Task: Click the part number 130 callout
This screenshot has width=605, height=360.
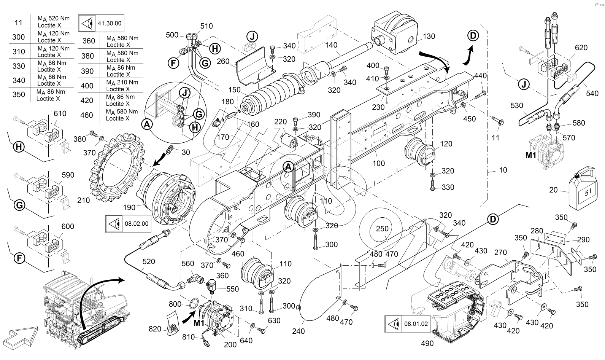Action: (x=429, y=37)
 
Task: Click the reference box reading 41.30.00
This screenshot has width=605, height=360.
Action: (x=101, y=23)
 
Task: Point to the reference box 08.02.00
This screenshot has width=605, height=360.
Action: (x=128, y=223)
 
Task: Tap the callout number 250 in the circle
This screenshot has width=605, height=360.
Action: (x=382, y=228)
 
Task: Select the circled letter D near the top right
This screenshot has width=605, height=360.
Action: (x=473, y=36)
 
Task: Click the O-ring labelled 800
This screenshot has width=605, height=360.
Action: (x=194, y=303)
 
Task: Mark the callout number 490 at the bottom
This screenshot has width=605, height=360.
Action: (x=427, y=344)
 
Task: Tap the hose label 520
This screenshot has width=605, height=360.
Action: (x=149, y=261)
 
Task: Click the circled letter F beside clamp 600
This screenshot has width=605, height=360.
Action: (x=19, y=258)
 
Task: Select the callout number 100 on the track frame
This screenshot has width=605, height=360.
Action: (x=379, y=163)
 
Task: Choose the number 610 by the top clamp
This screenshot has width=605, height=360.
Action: (x=60, y=113)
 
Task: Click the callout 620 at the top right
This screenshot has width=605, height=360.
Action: (x=581, y=48)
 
